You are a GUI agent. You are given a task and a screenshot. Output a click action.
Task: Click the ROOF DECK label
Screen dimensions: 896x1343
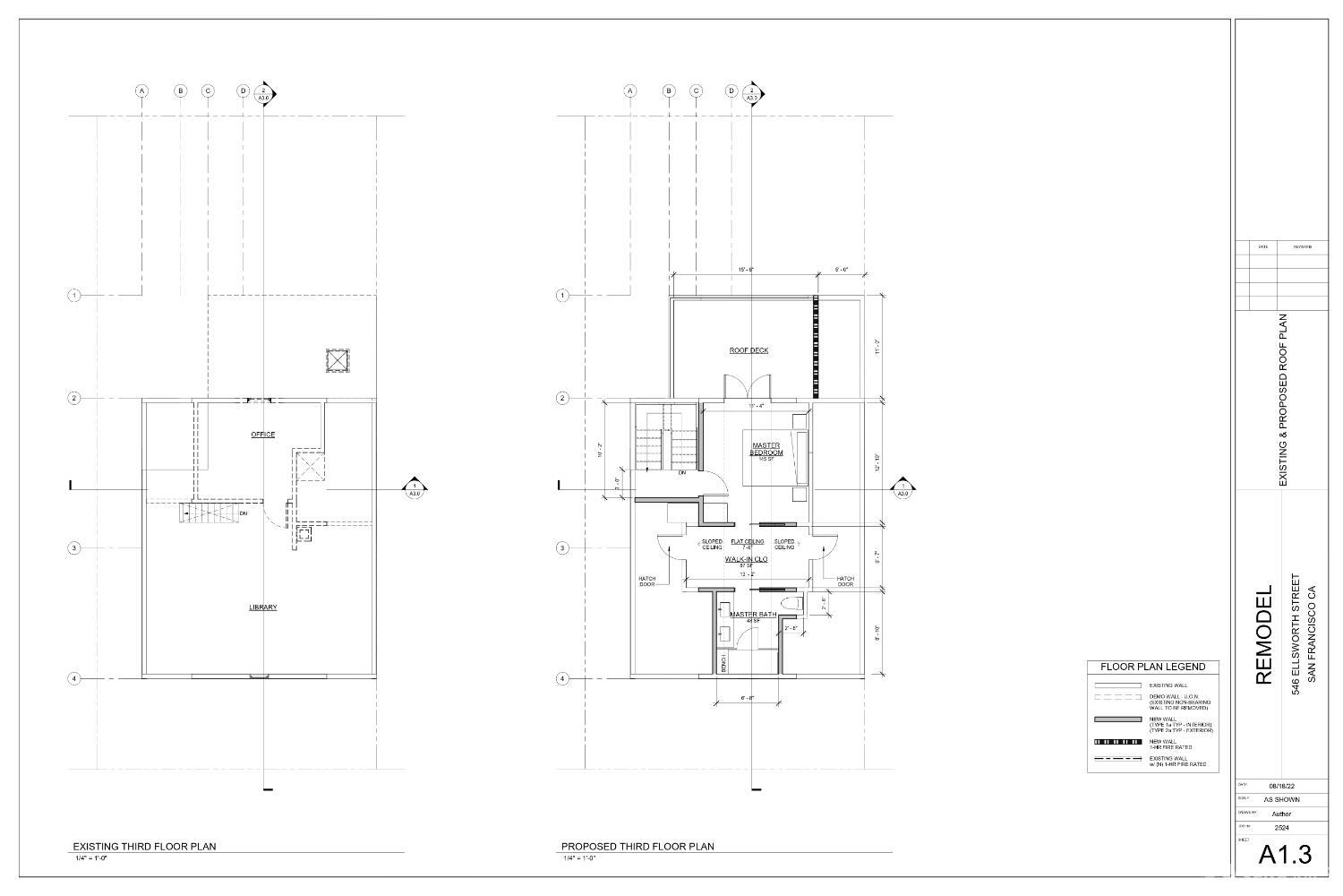click(x=748, y=350)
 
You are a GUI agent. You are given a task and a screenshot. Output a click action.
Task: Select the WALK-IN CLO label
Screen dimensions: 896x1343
click(x=746, y=559)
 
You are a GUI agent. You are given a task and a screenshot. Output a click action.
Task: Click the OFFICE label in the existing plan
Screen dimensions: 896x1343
click(x=262, y=435)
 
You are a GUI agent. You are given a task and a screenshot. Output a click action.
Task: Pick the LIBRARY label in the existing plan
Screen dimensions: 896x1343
click(x=262, y=607)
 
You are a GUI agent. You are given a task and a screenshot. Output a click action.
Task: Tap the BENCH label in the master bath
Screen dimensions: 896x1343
click(x=723, y=663)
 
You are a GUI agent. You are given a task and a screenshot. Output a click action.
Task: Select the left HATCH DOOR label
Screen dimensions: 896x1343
click(x=647, y=582)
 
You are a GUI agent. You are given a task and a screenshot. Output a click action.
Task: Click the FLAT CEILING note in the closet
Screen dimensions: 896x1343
click(x=748, y=543)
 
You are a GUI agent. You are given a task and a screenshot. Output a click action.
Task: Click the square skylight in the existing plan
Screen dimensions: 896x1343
click(x=337, y=360)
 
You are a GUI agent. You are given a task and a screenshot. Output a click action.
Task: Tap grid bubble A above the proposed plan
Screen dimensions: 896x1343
click(x=630, y=91)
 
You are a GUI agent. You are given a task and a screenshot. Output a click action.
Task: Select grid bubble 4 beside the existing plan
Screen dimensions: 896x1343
click(x=74, y=678)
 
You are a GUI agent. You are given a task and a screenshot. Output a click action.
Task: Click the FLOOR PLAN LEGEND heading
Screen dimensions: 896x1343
click(x=1152, y=667)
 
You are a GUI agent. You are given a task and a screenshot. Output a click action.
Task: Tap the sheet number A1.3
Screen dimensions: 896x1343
click(x=1285, y=854)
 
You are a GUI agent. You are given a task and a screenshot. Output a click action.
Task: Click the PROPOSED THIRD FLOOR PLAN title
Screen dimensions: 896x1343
click(x=637, y=847)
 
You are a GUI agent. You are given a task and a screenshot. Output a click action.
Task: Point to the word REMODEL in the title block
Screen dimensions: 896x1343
click(x=1263, y=636)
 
